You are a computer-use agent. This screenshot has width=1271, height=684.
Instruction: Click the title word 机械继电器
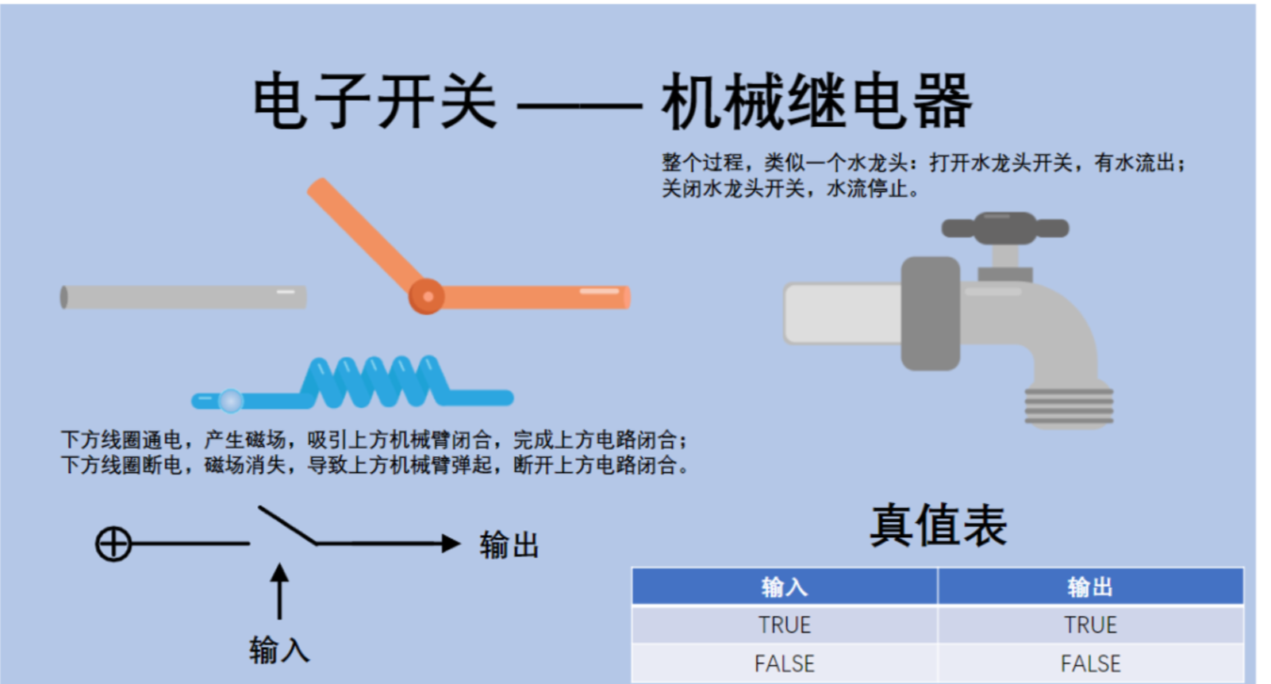pos(816,102)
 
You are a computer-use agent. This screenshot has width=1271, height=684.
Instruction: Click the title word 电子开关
pos(374,102)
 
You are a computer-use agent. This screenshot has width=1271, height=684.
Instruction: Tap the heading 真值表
pos(938,525)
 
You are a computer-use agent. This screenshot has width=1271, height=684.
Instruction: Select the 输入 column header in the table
pos(784,587)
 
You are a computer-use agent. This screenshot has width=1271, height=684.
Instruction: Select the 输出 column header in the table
pos(1090,587)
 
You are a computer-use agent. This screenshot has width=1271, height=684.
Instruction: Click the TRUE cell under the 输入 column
pos(784,625)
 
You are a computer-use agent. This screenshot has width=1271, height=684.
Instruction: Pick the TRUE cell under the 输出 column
pos(1090,625)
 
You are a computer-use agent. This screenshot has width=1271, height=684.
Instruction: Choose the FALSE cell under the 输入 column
pos(784,663)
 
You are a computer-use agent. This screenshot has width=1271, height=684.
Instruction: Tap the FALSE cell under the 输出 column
pos(1090,663)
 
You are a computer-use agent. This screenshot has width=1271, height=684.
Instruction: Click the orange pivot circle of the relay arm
pos(427,297)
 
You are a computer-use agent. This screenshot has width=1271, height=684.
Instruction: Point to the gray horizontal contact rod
pos(183,298)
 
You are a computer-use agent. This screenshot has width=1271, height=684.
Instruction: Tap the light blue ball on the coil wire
pos(231,401)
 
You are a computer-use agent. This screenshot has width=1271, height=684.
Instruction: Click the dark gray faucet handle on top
pos(1004,229)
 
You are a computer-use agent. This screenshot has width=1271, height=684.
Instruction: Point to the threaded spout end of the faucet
pos(1069,406)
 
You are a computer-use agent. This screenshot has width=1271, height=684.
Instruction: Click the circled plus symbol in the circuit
pos(113,544)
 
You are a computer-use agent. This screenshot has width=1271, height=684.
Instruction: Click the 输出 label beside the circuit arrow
pos(509,545)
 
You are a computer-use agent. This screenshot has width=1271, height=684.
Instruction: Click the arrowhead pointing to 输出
pos(450,544)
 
